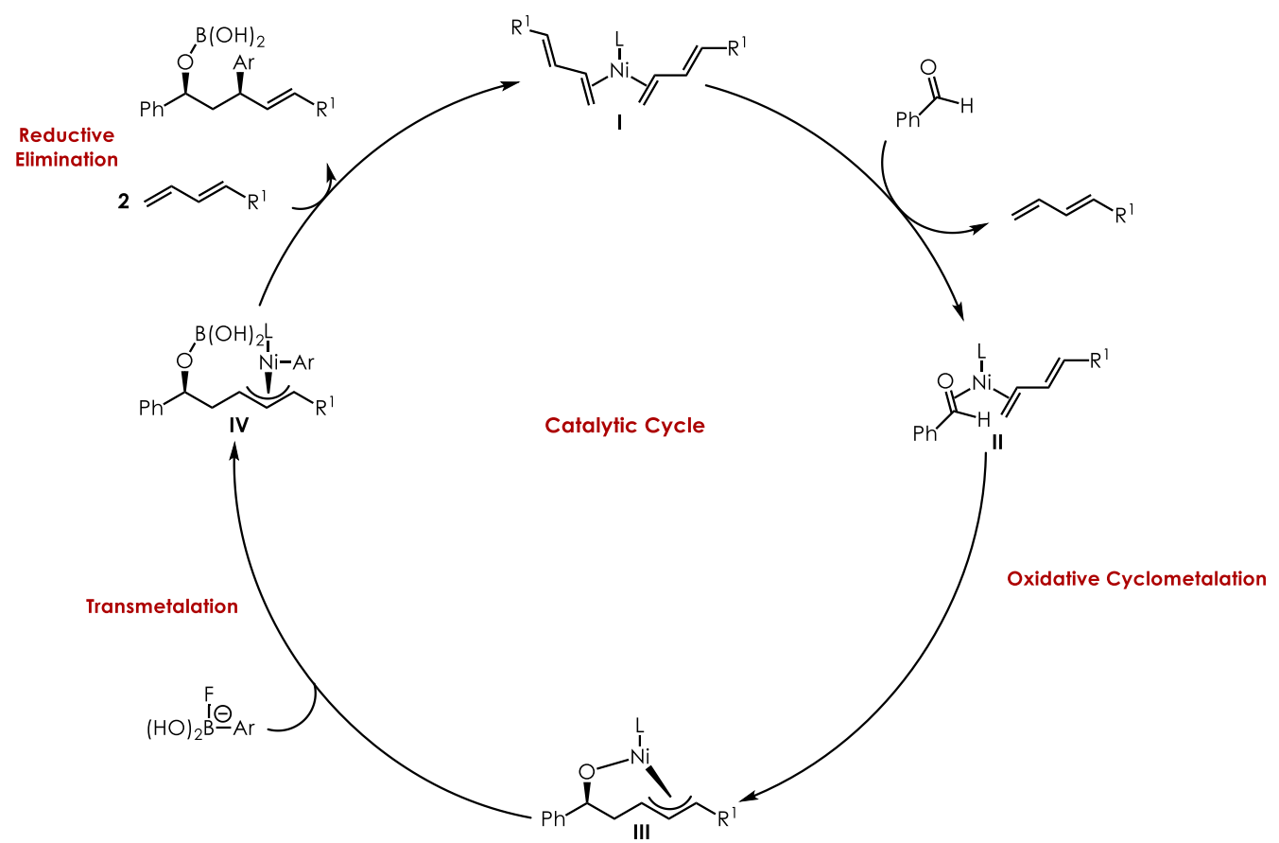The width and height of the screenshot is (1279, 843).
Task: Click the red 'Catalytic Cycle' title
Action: pyautogui.click(x=625, y=426)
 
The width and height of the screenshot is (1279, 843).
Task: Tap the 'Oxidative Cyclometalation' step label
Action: pyautogui.click(x=1136, y=578)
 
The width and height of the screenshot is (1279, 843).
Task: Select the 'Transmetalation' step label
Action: pyautogui.click(x=162, y=606)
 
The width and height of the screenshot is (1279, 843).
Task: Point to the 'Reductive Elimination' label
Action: pyautogui.click(x=66, y=148)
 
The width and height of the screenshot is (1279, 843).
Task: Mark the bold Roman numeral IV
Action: pyautogui.click(x=238, y=425)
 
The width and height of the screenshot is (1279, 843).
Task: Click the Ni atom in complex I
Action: pyautogui.click(x=619, y=70)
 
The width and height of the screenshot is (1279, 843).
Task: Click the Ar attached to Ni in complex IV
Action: pyautogui.click(x=305, y=361)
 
